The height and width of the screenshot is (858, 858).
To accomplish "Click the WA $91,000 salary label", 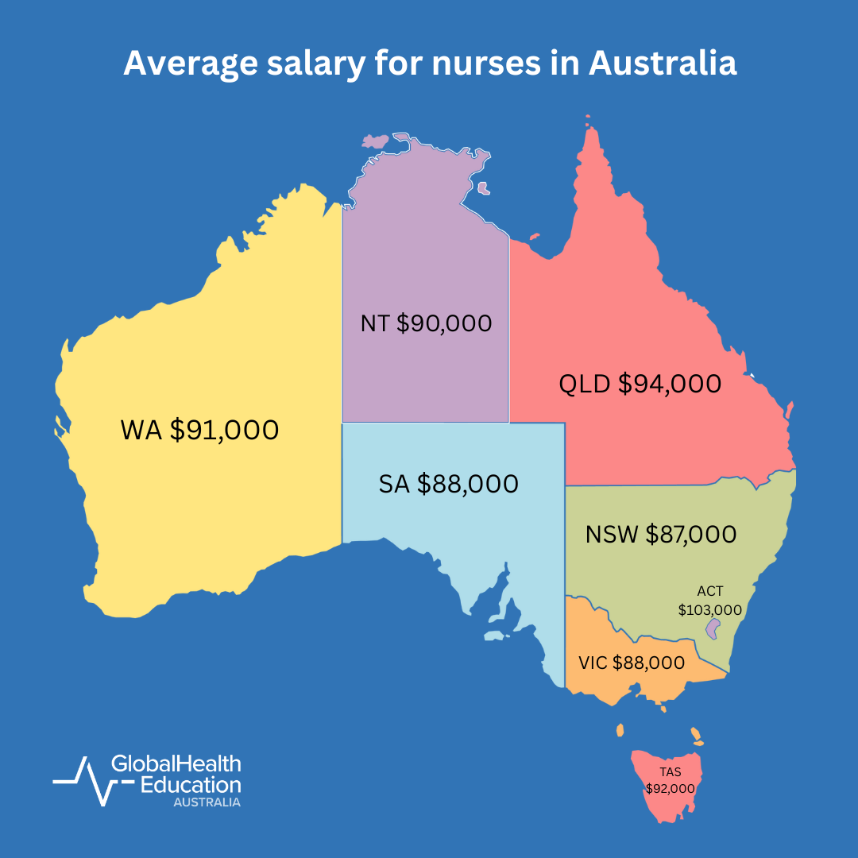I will coord(199,430).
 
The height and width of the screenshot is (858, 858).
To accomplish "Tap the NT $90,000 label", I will coord(426,323).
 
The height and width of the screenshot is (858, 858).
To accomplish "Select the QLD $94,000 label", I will coord(640,384).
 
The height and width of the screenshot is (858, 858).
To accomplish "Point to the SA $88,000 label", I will coord(449,483).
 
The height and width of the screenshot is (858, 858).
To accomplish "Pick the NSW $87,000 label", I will coord(661,535).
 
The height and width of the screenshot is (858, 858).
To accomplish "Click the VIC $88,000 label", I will coord(632,663).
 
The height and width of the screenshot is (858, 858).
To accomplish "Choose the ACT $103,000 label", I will coord(709,601).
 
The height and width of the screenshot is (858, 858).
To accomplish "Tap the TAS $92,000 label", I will coord(670,780).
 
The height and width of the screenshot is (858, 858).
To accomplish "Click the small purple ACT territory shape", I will coord(713,629).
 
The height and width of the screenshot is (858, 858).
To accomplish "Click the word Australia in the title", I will coord(662,64).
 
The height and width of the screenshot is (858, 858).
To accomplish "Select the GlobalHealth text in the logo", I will coord(176,764).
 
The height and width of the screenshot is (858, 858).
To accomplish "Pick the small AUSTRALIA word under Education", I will coord(207,802).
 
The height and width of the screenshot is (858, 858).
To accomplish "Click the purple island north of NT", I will coord(374,141).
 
